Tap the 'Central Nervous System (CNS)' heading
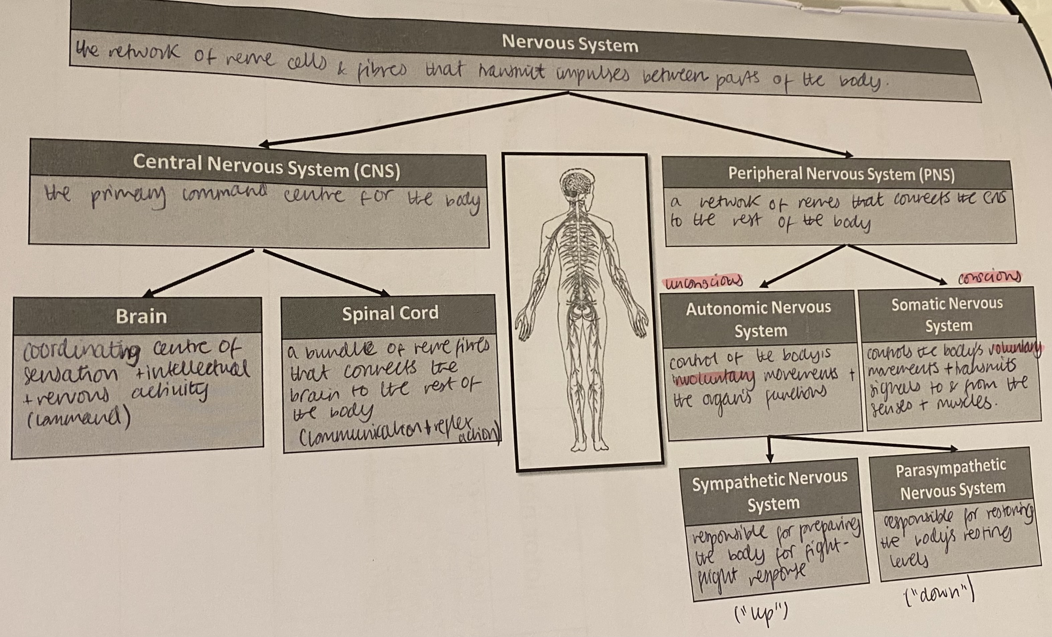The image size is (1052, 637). (266, 166)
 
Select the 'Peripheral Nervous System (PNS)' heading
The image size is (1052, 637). (841, 174)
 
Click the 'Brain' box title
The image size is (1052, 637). (141, 316)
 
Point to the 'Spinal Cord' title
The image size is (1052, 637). (390, 313)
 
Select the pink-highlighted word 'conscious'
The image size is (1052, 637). (989, 277)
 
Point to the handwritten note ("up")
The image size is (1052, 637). (760, 614)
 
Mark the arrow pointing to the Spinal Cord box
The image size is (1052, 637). (326, 272)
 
